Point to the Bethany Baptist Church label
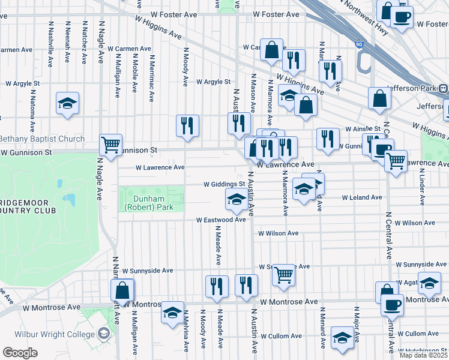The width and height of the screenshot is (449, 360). pos(42,139)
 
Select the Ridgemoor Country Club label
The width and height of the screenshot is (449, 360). pos(28,206)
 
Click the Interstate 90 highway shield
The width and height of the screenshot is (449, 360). pos(359,44)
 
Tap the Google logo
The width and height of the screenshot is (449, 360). pos(20,353)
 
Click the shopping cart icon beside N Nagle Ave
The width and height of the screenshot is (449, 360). pos(111,145)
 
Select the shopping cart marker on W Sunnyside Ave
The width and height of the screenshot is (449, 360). pos(283,275)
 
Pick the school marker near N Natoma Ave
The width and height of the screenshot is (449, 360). pos(68,103)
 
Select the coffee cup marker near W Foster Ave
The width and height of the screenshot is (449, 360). pos(402,16)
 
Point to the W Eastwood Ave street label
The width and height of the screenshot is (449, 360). pos(221,220)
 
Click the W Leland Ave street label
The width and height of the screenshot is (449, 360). pos(362,197)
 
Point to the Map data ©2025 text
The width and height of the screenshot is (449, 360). pos(423,355)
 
